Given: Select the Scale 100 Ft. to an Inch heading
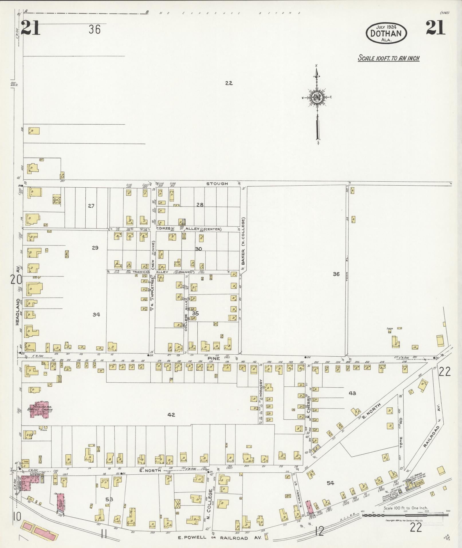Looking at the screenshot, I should point(389,58).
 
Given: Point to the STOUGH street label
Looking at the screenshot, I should point(217,183).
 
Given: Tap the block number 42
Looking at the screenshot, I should point(171,414).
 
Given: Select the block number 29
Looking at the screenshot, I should point(95,248).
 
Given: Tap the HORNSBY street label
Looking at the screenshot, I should point(261,388).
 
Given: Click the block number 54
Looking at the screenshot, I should point(331,483).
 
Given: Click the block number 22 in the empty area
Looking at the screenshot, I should point(229,83).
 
